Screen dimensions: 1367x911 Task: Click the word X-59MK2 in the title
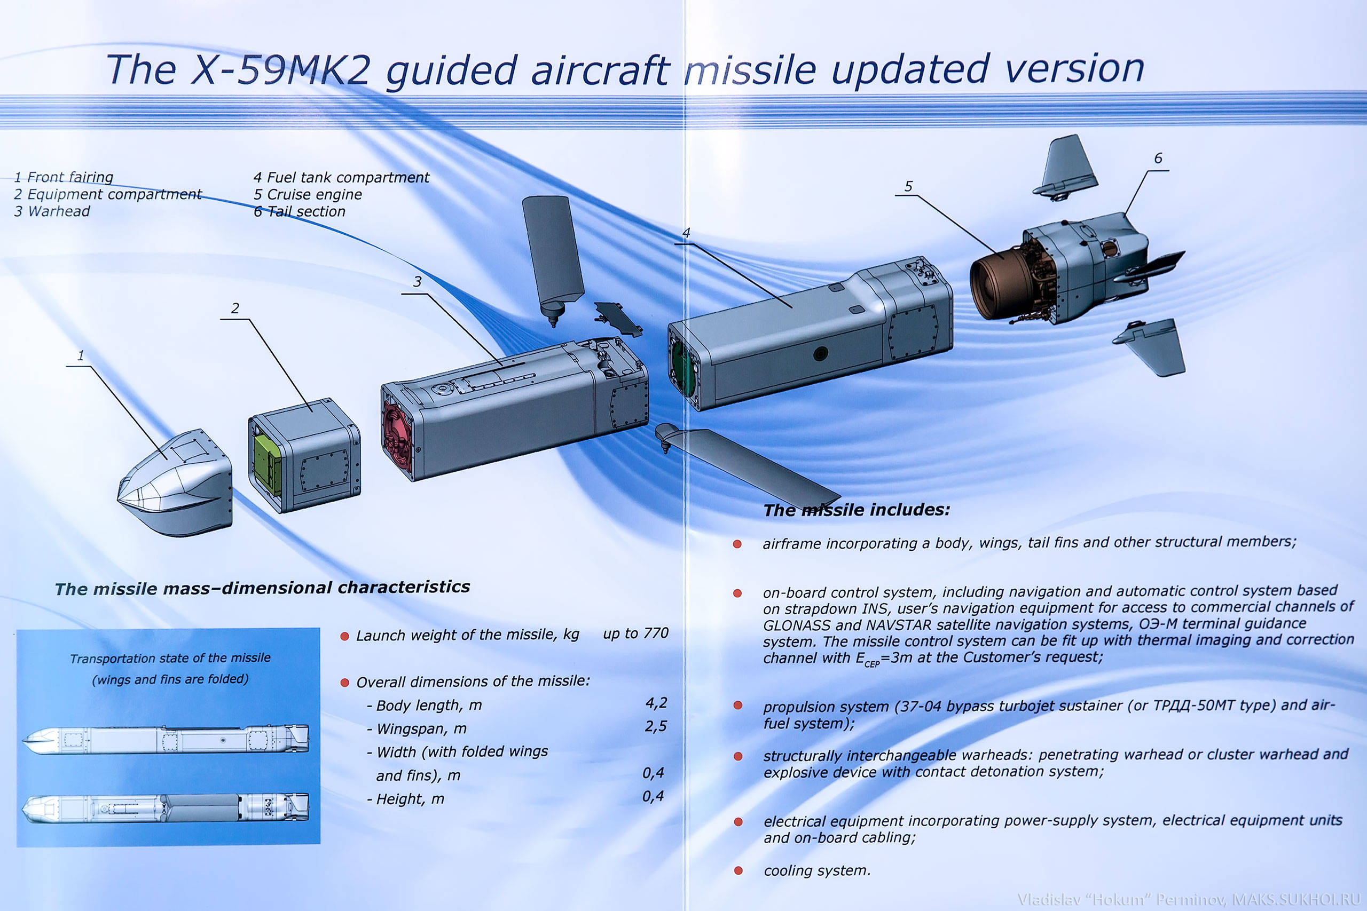[281, 70]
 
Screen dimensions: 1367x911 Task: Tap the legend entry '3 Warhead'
[52, 211]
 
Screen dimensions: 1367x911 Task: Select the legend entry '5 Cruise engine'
[308, 194]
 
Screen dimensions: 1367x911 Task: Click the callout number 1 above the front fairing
[81, 355]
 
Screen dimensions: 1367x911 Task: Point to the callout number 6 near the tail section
[1158, 158]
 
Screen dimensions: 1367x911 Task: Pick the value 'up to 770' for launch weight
[635, 633]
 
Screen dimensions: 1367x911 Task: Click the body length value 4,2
[656, 703]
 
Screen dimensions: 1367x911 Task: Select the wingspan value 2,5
[656, 727]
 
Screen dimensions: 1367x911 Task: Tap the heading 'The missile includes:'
[857, 510]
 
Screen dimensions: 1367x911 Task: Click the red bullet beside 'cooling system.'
[738, 870]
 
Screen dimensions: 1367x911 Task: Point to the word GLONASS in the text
[797, 625]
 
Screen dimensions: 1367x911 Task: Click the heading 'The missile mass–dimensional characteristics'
[262, 588]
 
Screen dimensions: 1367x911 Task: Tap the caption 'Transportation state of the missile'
[170, 658]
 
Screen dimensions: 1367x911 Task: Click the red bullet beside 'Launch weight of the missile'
[344, 636]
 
